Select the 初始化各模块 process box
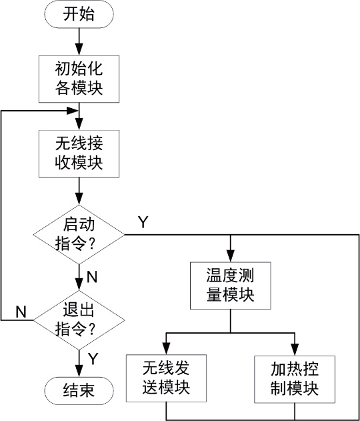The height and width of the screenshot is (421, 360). click(x=79, y=77)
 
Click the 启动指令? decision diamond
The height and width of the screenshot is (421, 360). click(x=79, y=234)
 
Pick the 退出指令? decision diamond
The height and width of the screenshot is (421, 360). click(x=79, y=320)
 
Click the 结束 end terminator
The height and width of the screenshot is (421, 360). click(x=79, y=391)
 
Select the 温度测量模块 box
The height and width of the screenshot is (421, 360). click(x=231, y=285)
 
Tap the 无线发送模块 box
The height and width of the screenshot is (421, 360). click(x=166, y=378)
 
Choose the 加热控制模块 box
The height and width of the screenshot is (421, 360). click(x=294, y=378)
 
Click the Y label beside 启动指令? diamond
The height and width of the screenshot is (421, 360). click(x=143, y=221)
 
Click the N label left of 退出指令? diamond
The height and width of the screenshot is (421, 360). click(x=21, y=310)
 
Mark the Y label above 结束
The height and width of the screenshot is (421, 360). click(x=93, y=359)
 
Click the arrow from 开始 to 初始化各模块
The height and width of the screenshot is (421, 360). click(x=79, y=41)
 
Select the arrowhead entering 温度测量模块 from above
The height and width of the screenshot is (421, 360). click(x=231, y=257)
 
